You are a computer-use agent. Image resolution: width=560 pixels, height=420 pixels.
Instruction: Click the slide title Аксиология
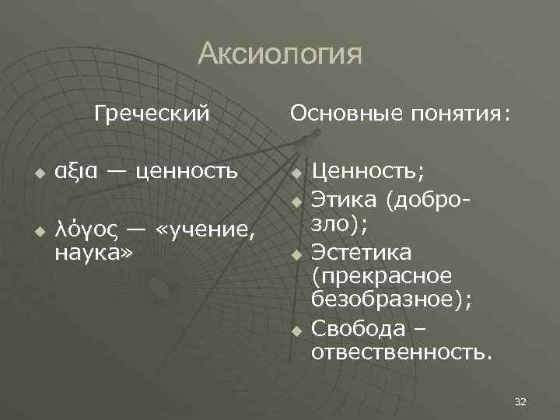pyautogui.click(x=280, y=54)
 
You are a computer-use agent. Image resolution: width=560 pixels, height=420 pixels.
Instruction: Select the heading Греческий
pyautogui.click(x=152, y=114)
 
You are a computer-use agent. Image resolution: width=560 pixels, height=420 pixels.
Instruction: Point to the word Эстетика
pyautogui.click(x=362, y=253)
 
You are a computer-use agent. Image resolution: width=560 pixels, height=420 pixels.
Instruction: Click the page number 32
pyautogui.click(x=521, y=401)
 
